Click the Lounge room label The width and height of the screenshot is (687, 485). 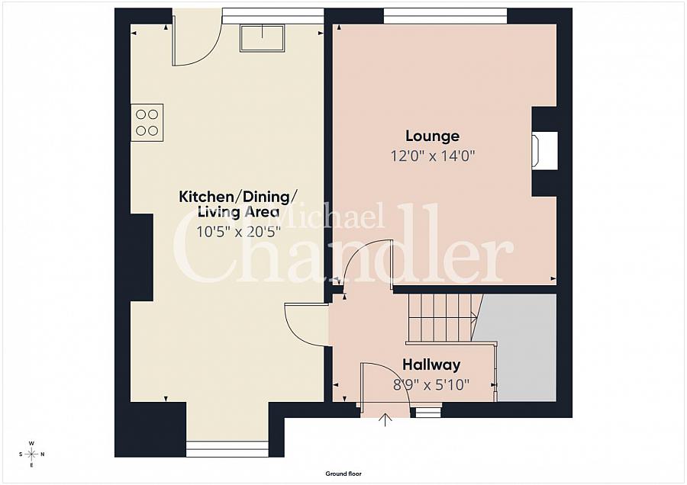432,136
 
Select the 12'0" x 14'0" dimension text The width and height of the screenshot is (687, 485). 433,156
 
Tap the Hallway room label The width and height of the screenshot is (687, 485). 431,365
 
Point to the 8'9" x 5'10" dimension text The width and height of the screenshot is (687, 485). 431,385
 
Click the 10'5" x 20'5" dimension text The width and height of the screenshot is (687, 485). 238,232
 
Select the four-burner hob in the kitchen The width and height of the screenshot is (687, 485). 147,123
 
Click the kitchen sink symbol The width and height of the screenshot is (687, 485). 262,38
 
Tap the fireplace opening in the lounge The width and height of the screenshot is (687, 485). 544,150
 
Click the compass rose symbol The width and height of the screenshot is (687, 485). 31,454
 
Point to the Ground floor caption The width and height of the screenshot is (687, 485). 343,474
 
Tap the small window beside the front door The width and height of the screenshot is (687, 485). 428,412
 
